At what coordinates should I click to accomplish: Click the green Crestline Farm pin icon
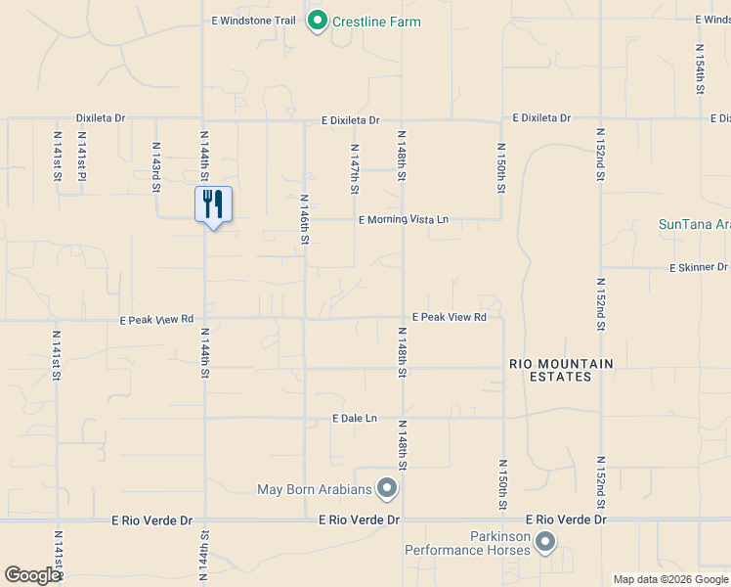pyautogui.click(x=317, y=21)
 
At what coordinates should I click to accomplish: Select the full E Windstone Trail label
pyautogui.click(x=253, y=21)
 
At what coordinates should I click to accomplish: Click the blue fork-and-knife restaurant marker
pyautogui.click(x=213, y=204)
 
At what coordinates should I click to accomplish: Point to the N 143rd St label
pyautogui.click(x=156, y=166)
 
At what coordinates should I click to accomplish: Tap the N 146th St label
pyautogui.click(x=305, y=218)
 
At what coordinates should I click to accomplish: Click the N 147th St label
pyautogui.click(x=355, y=169)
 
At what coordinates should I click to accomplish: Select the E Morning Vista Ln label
pyautogui.click(x=403, y=220)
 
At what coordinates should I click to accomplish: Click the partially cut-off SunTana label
pyautogui.click(x=694, y=224)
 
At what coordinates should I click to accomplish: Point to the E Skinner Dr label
pyautogui.click(x=698, y=267)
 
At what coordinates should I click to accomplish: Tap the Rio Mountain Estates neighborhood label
pyautogui.click(x=561, y=370)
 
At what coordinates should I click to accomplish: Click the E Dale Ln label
pyautogui.click(x=354, y=419)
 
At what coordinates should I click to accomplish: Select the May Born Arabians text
pyautogui.click(x=315, y=489)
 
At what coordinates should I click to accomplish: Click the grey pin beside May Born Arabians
pyautogui.click(x=388, y=487)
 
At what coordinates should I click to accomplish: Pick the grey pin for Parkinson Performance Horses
pyautogui.click(x=545, y=541)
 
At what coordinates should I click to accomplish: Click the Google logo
pyautogui.click(x=31, y=575)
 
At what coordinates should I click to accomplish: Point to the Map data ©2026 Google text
pyautogui.click(x=671, y=579)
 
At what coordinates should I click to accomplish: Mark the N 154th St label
pyautogui.click(x=700, y=69)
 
